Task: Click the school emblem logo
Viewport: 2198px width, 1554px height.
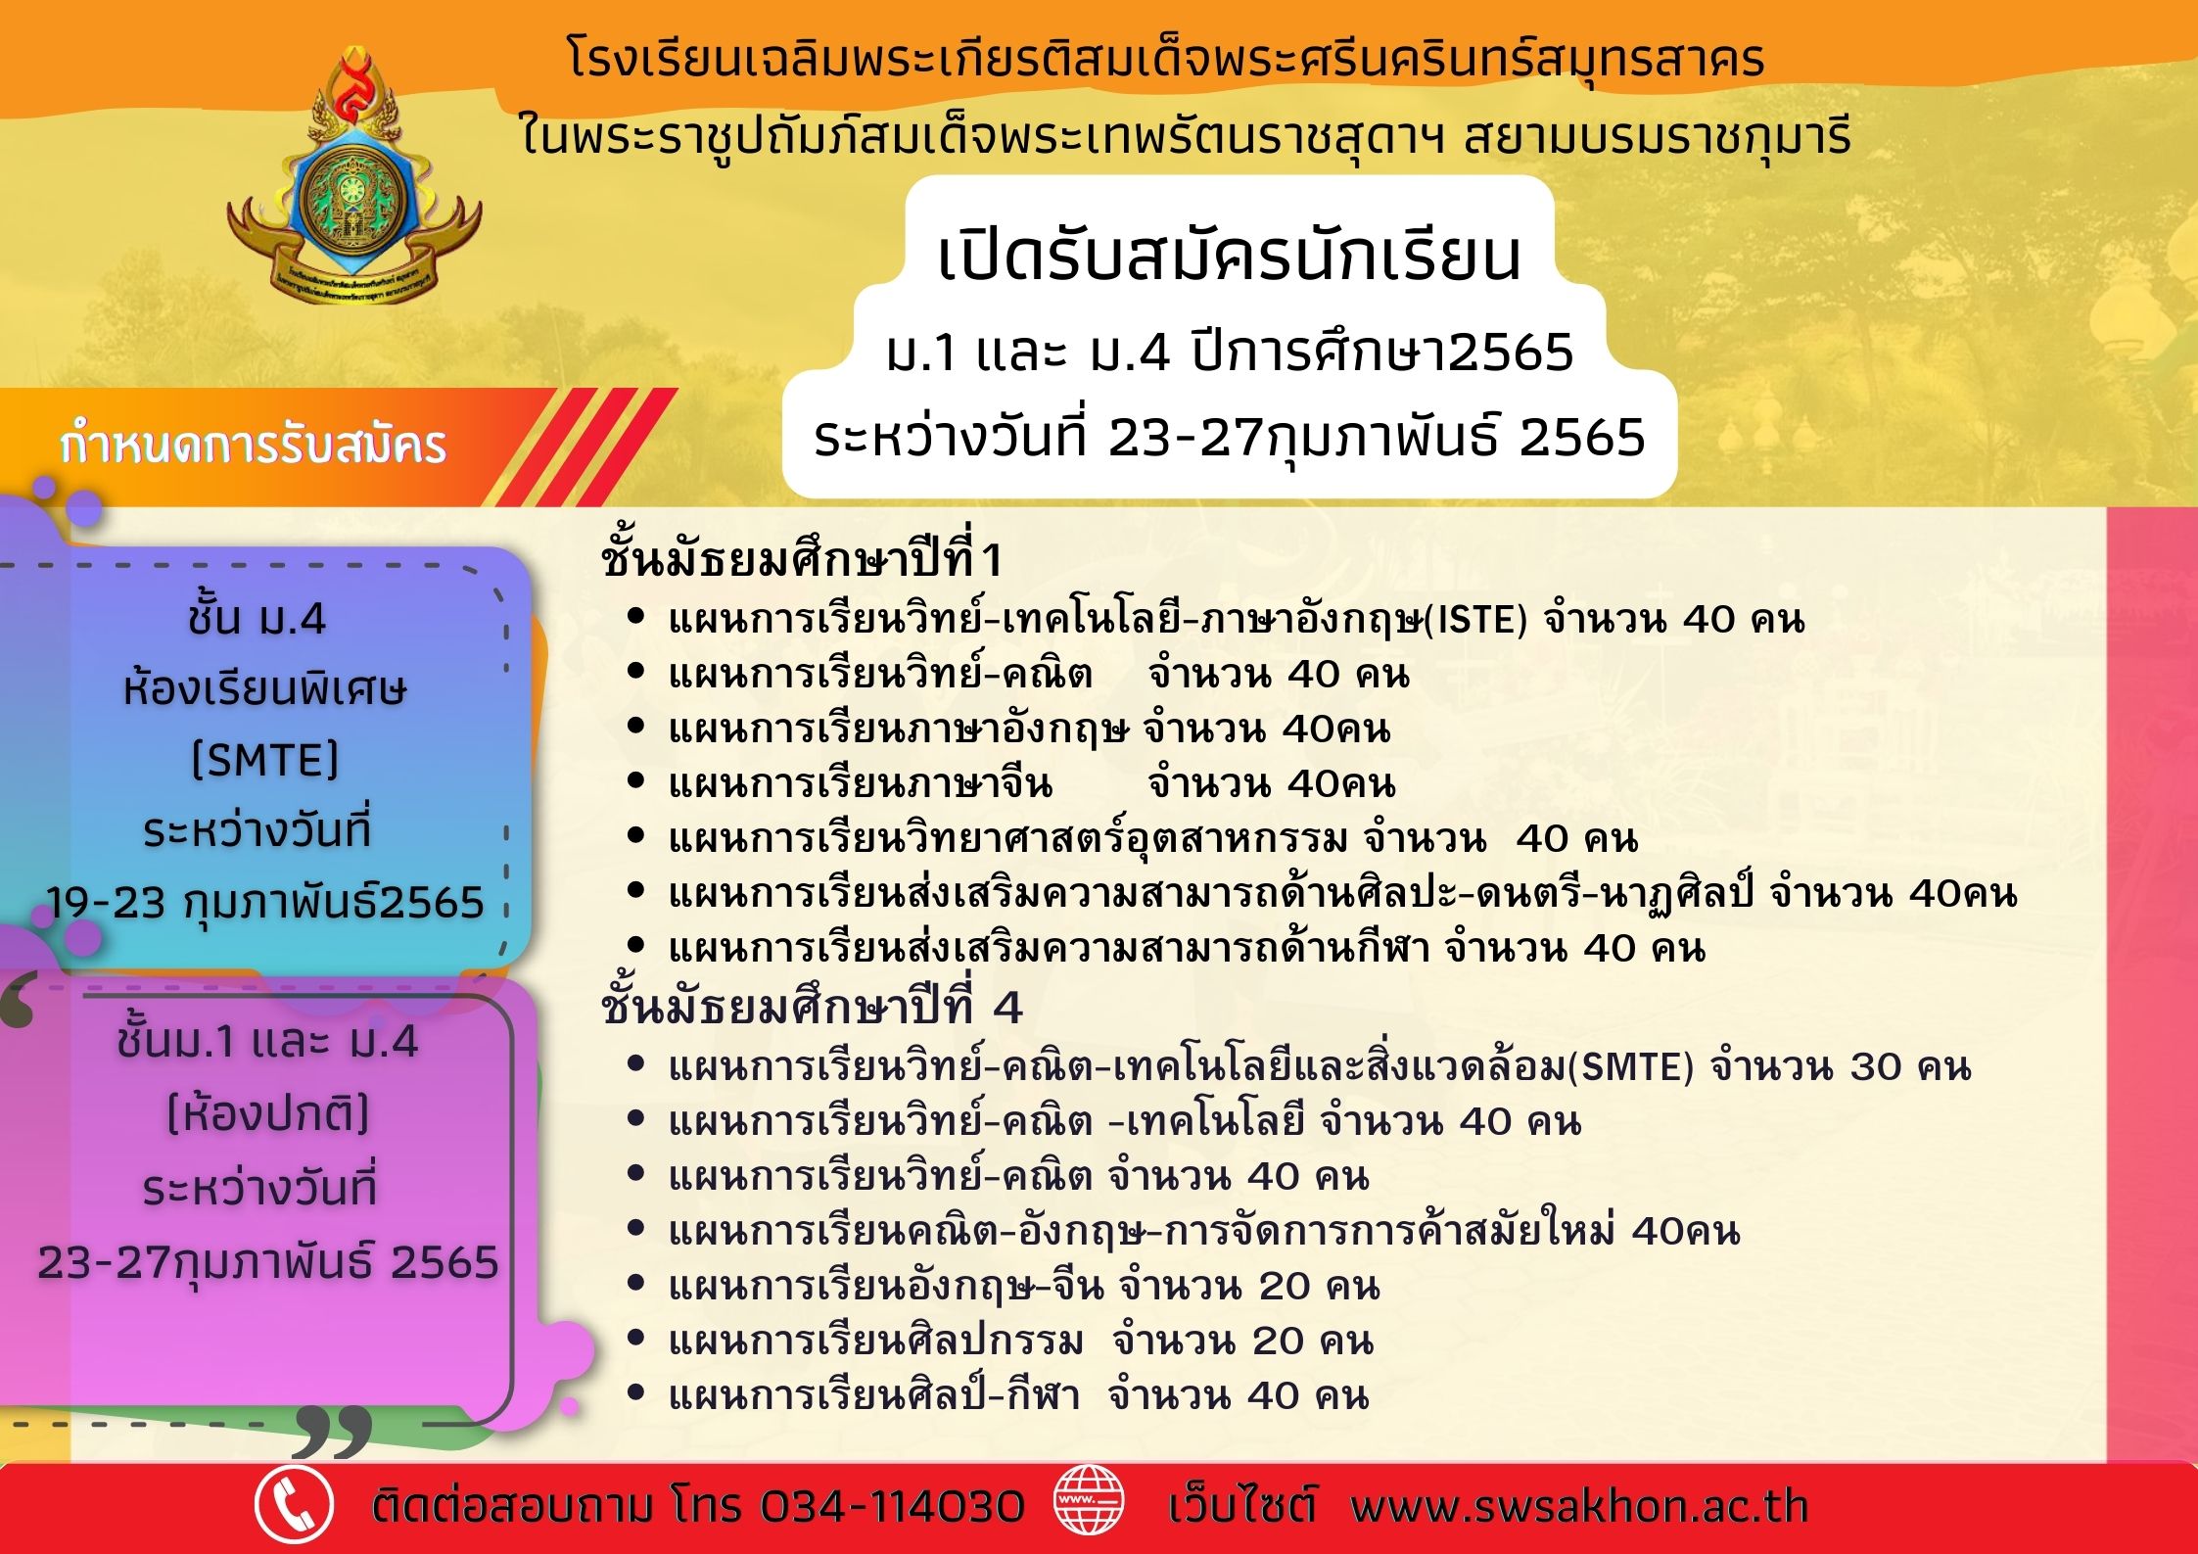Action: coord(353,175)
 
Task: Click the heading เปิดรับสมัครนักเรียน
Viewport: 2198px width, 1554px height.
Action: coord(1230,257)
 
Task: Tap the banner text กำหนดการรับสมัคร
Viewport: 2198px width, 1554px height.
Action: coord(253,446)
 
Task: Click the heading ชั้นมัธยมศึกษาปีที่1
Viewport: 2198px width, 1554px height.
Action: coord(802,559)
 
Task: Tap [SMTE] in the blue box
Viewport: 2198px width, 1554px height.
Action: coord(265,759)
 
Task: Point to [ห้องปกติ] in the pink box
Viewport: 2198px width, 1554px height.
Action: coord(267,1114)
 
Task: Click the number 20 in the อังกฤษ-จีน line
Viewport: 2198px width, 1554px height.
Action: coord(1286,1286)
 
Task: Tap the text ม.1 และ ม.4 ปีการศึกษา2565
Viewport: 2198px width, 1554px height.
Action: coord(1230,353)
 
